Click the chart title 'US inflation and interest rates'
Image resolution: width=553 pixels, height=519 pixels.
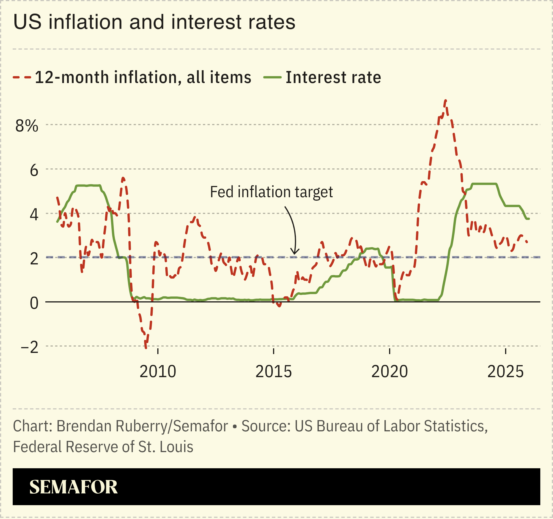click(x=154, y=22)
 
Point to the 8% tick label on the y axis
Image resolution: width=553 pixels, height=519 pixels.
click(x=27, y=126)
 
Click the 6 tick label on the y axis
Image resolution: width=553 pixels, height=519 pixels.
click(x=34, y=170)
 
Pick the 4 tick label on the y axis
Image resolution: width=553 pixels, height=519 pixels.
click(x=34, y=215)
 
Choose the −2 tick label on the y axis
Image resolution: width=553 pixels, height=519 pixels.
click(x=30, y=347)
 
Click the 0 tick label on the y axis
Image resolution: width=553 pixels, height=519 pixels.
click(x=34, y=303)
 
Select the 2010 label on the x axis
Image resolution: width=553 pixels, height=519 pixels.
click(x=158, y=372)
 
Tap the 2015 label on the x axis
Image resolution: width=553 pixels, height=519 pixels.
click(x=274, y=372)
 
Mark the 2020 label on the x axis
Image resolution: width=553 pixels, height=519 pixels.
click(x=389, y=372)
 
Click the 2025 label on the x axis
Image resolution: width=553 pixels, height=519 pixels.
click(x=505, y=372)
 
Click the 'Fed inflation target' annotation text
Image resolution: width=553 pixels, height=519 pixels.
click(x=271, y=192)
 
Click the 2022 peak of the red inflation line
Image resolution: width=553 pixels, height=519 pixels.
click(x=446, y=101)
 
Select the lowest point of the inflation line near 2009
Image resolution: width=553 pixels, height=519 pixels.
click(x=146, y=348)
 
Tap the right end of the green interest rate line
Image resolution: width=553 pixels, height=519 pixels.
click(x=529, y=219)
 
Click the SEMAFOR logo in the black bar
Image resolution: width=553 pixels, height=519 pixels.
click(x=73, y=487)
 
